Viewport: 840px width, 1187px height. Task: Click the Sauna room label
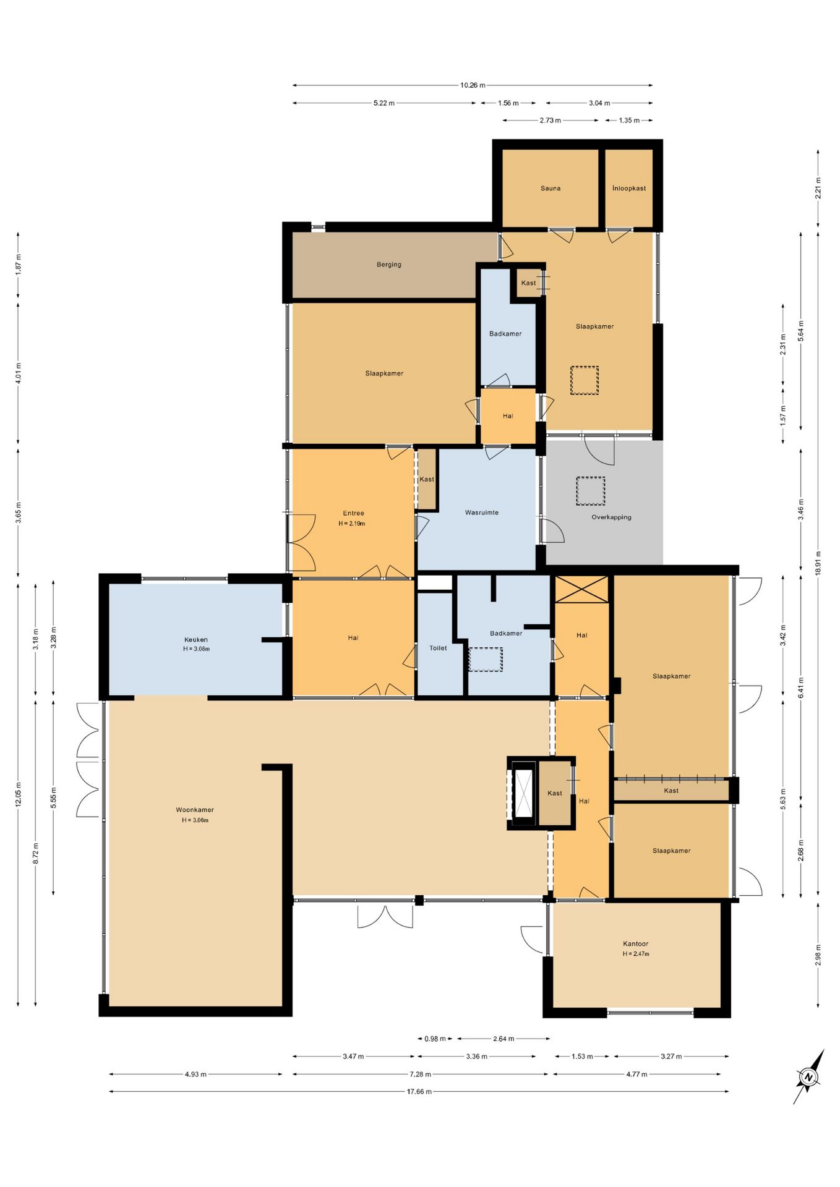(550, 189)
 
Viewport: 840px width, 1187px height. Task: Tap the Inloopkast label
(629, 189)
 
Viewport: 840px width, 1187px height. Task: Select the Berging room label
(389, 265)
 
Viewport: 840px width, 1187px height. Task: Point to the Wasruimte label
(482, 513)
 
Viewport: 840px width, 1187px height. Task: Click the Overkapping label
(611, 517)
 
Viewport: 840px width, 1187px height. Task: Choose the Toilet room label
(438, 648)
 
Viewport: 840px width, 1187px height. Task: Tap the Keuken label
(196, 640)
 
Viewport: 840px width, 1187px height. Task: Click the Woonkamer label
(195, 810)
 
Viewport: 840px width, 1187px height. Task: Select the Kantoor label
(636, 944)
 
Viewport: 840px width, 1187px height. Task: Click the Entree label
(354, 513)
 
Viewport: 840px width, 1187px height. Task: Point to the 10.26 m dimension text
(473, 85)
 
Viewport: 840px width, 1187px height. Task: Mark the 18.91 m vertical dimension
(818, 563)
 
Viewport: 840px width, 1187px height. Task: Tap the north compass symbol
(809, 1077)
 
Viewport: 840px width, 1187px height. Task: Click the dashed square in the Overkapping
(590, 491)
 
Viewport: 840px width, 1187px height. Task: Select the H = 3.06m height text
(195, 820)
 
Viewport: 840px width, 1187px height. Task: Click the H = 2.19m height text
(352, 524)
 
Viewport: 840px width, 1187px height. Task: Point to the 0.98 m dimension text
(435, 1039)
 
